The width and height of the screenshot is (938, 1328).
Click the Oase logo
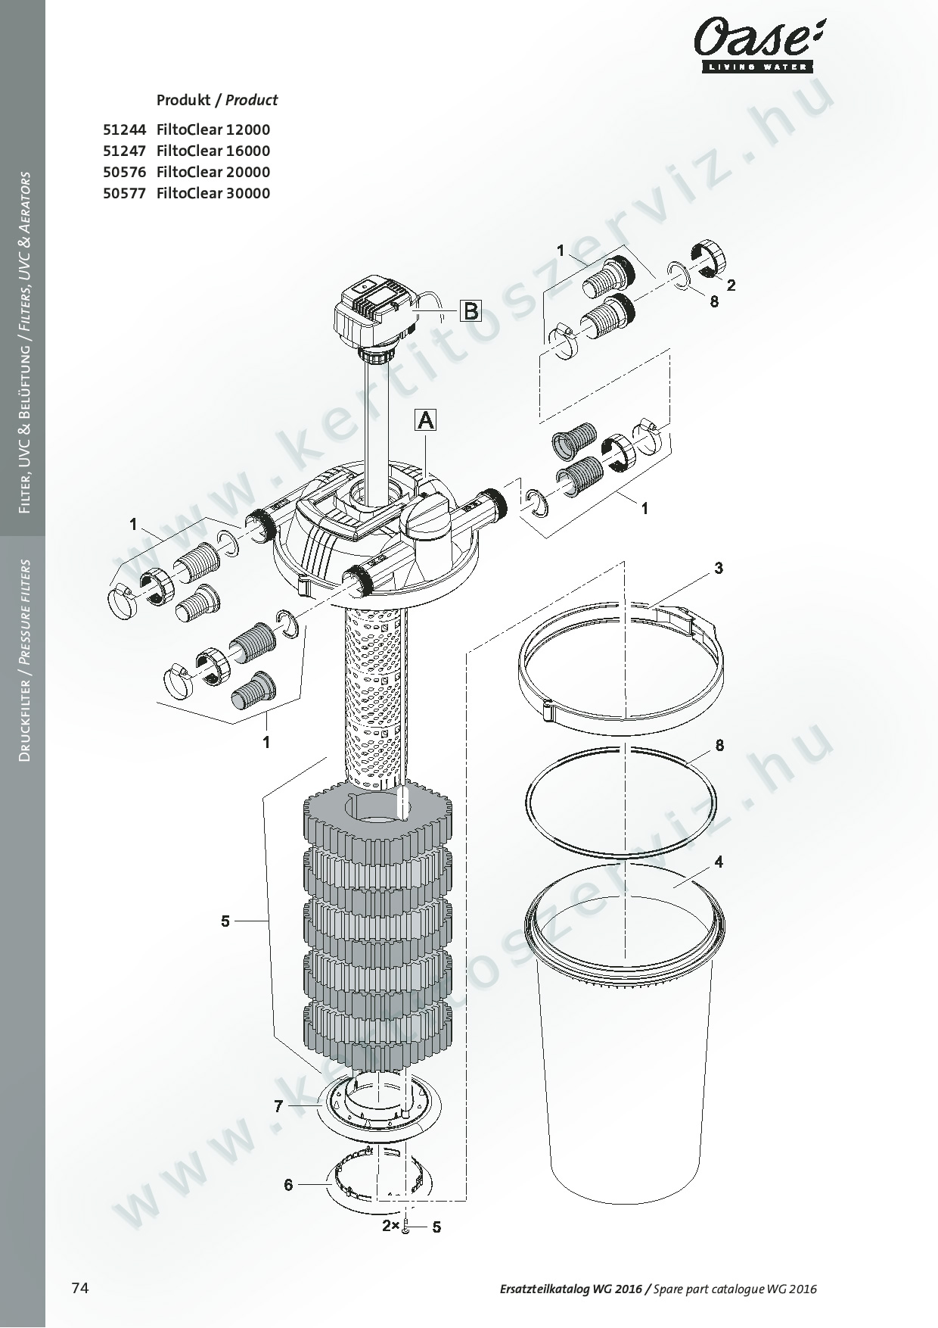coord(757,45)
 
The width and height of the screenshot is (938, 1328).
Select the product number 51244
coord(124,129)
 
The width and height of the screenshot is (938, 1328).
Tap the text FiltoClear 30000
coord(213,193)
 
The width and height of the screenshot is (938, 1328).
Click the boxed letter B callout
coord(471,310)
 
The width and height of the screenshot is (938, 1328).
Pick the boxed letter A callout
coord(426,419)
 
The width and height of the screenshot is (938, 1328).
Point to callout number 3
coord(719,568)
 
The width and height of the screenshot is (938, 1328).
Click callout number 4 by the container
coord(719,862)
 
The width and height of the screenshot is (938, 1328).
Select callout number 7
coord(278,1106)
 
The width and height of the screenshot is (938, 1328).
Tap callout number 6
coord(288,1184)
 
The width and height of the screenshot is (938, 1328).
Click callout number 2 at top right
coord(731,285)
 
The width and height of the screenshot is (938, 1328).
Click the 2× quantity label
coord(390,1226)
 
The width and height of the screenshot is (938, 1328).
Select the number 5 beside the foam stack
coord(225,921)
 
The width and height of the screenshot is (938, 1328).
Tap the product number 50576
coord(124,172)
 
